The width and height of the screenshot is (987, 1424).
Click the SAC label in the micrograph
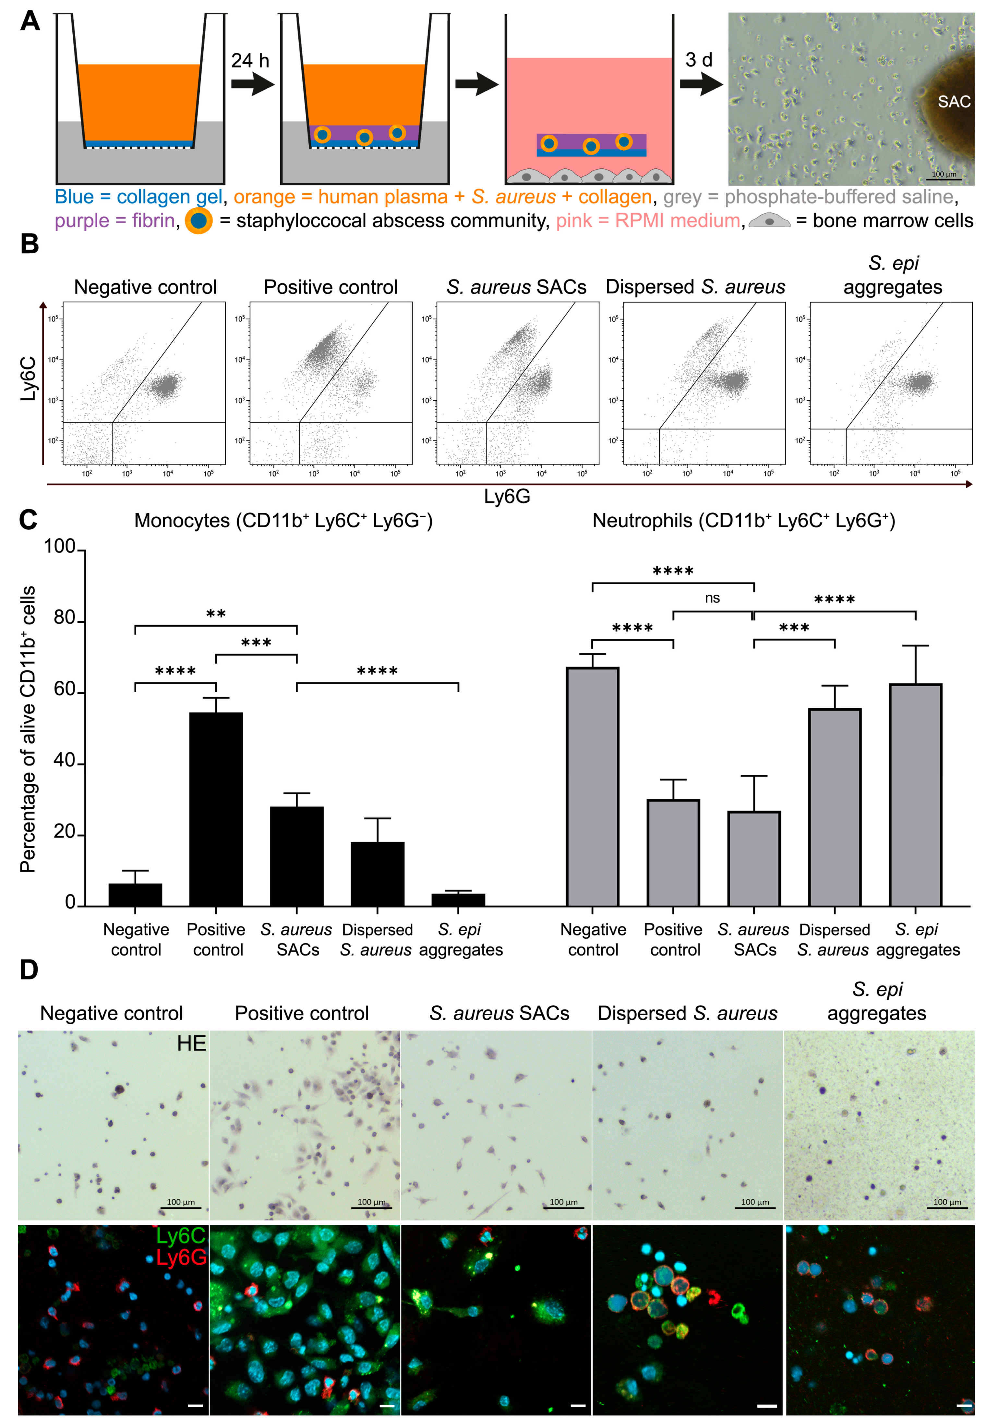pos(954,102)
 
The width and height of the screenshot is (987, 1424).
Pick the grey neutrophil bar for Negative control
pos(593,786)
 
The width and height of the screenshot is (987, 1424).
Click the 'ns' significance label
pos(712,598)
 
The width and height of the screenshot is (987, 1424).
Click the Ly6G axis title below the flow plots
pos(507,496)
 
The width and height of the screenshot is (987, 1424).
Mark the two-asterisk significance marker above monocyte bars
pos(216,614)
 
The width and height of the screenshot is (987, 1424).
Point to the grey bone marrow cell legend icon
pos(769,221)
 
